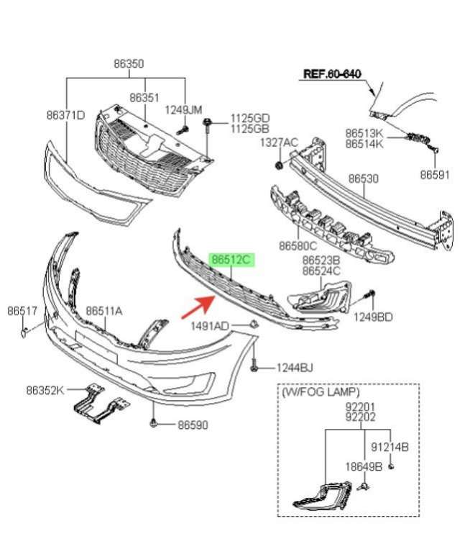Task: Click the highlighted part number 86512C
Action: tap(231, 260)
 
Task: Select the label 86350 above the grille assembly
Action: tap(129, 64)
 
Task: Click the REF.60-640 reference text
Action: tap(332, 74)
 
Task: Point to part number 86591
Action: tap(435, 175)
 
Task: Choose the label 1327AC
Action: tap(279, 142)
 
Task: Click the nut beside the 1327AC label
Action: tap(278, 166)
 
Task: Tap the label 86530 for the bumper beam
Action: tap(363, 178)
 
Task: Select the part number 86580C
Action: tap(298, 245)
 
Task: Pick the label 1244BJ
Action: tap(295, 368)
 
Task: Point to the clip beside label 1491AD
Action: tap(254, 325)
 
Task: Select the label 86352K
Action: tap(45, 390)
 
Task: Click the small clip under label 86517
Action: tap(24, 332)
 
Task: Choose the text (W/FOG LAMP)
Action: tap(321, 392)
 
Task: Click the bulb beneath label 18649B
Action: tap(364, 486)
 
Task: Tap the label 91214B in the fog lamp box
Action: tap(390, 447)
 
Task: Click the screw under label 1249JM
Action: tap(183, 130)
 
